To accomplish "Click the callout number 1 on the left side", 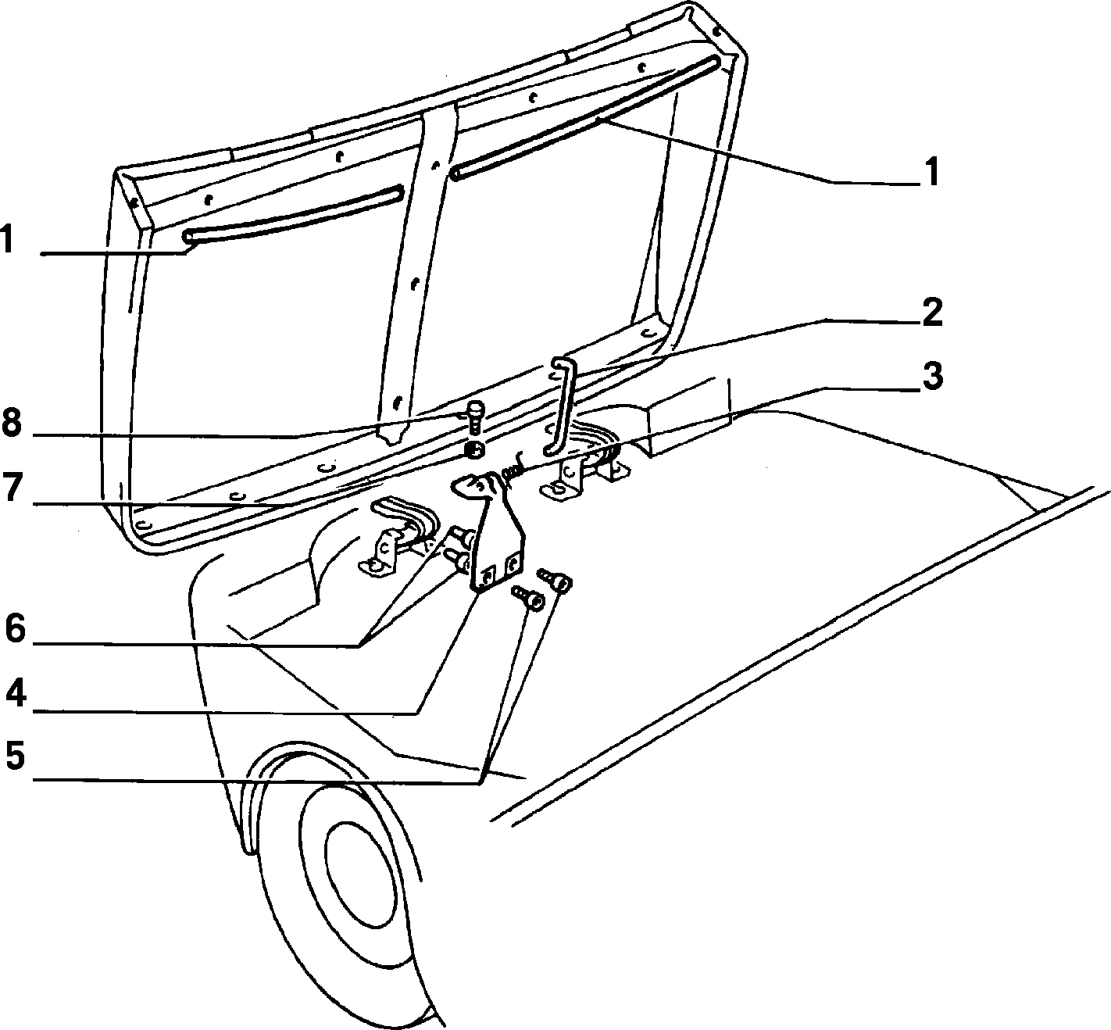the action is click(x=7, y=239).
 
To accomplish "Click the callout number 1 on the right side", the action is click(x=931, y=172).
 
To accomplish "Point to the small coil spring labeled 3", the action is click(x=513, y=467).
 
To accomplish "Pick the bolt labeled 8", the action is click(x=474, y=416).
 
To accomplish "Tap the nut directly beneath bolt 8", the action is click(x=474, y=449).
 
